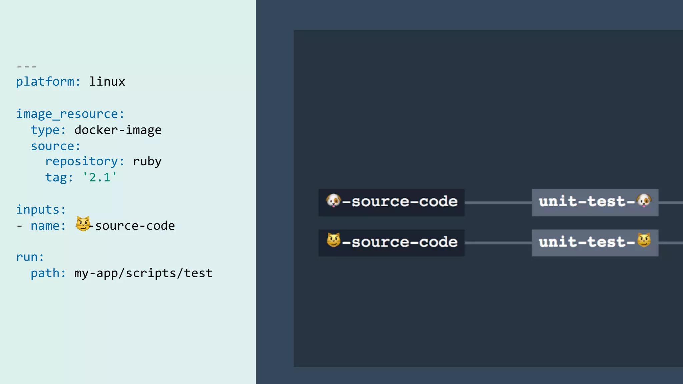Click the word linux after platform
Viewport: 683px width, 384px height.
[x=107, y=82]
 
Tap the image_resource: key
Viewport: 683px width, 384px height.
[x=70, y=114]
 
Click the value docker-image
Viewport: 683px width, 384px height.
[x=118, y=130]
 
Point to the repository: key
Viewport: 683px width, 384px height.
[x=85, y=161]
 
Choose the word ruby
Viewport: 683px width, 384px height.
[x=147, y=161]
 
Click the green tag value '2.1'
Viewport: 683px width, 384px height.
[x=100, y=177]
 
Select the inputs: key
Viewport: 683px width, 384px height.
[x=41, y=210]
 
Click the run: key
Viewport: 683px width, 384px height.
[x=30, y=257]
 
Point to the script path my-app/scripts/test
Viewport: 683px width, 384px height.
[x=143, y=273]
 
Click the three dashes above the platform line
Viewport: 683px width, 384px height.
[x=27, y=67]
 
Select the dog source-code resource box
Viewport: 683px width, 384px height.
[x=391, y=202]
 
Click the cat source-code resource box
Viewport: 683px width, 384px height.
[x=391, y=243]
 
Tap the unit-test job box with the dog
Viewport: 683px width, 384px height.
[x=595, y=202]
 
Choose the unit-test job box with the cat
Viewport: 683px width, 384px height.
[x=595, y=243]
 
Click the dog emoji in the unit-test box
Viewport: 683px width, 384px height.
[x=644, y=200]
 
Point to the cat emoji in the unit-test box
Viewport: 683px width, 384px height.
[x=644, y=240]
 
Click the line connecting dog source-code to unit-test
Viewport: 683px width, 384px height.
[x=498, y=202]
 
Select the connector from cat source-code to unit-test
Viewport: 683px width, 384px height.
[x=498, y=243]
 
